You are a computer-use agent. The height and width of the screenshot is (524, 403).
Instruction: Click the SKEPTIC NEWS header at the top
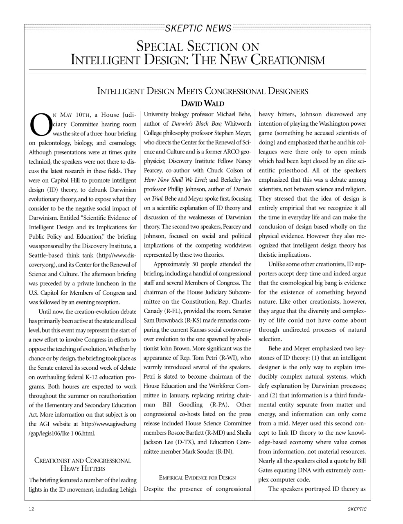(x=198, y=28)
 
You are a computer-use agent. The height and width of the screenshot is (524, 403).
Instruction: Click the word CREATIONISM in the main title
(x=288, y=60)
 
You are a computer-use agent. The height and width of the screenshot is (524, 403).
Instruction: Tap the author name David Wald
(x=201, y=103)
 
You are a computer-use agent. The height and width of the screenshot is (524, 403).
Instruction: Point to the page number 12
(x=32, y=509)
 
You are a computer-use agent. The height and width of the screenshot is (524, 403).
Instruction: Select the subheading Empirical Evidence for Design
(x=197, y=478)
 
